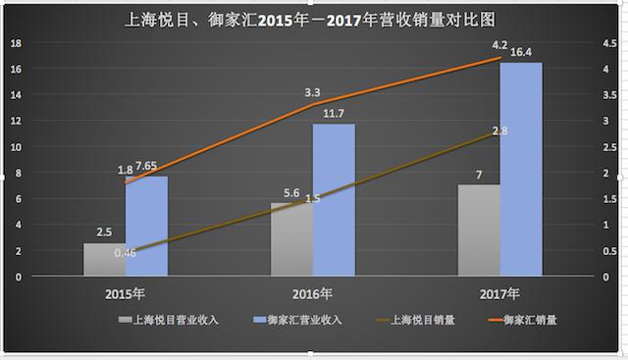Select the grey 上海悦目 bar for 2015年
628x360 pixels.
103,260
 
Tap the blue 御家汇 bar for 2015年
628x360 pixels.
146,227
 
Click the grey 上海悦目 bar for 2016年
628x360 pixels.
291,240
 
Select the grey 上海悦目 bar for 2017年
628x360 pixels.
479,231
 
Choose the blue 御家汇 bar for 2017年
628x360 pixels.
521,170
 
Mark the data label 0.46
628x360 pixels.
126,253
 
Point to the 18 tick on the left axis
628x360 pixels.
14,44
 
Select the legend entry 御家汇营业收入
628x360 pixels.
296,319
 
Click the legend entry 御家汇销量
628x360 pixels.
520,319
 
